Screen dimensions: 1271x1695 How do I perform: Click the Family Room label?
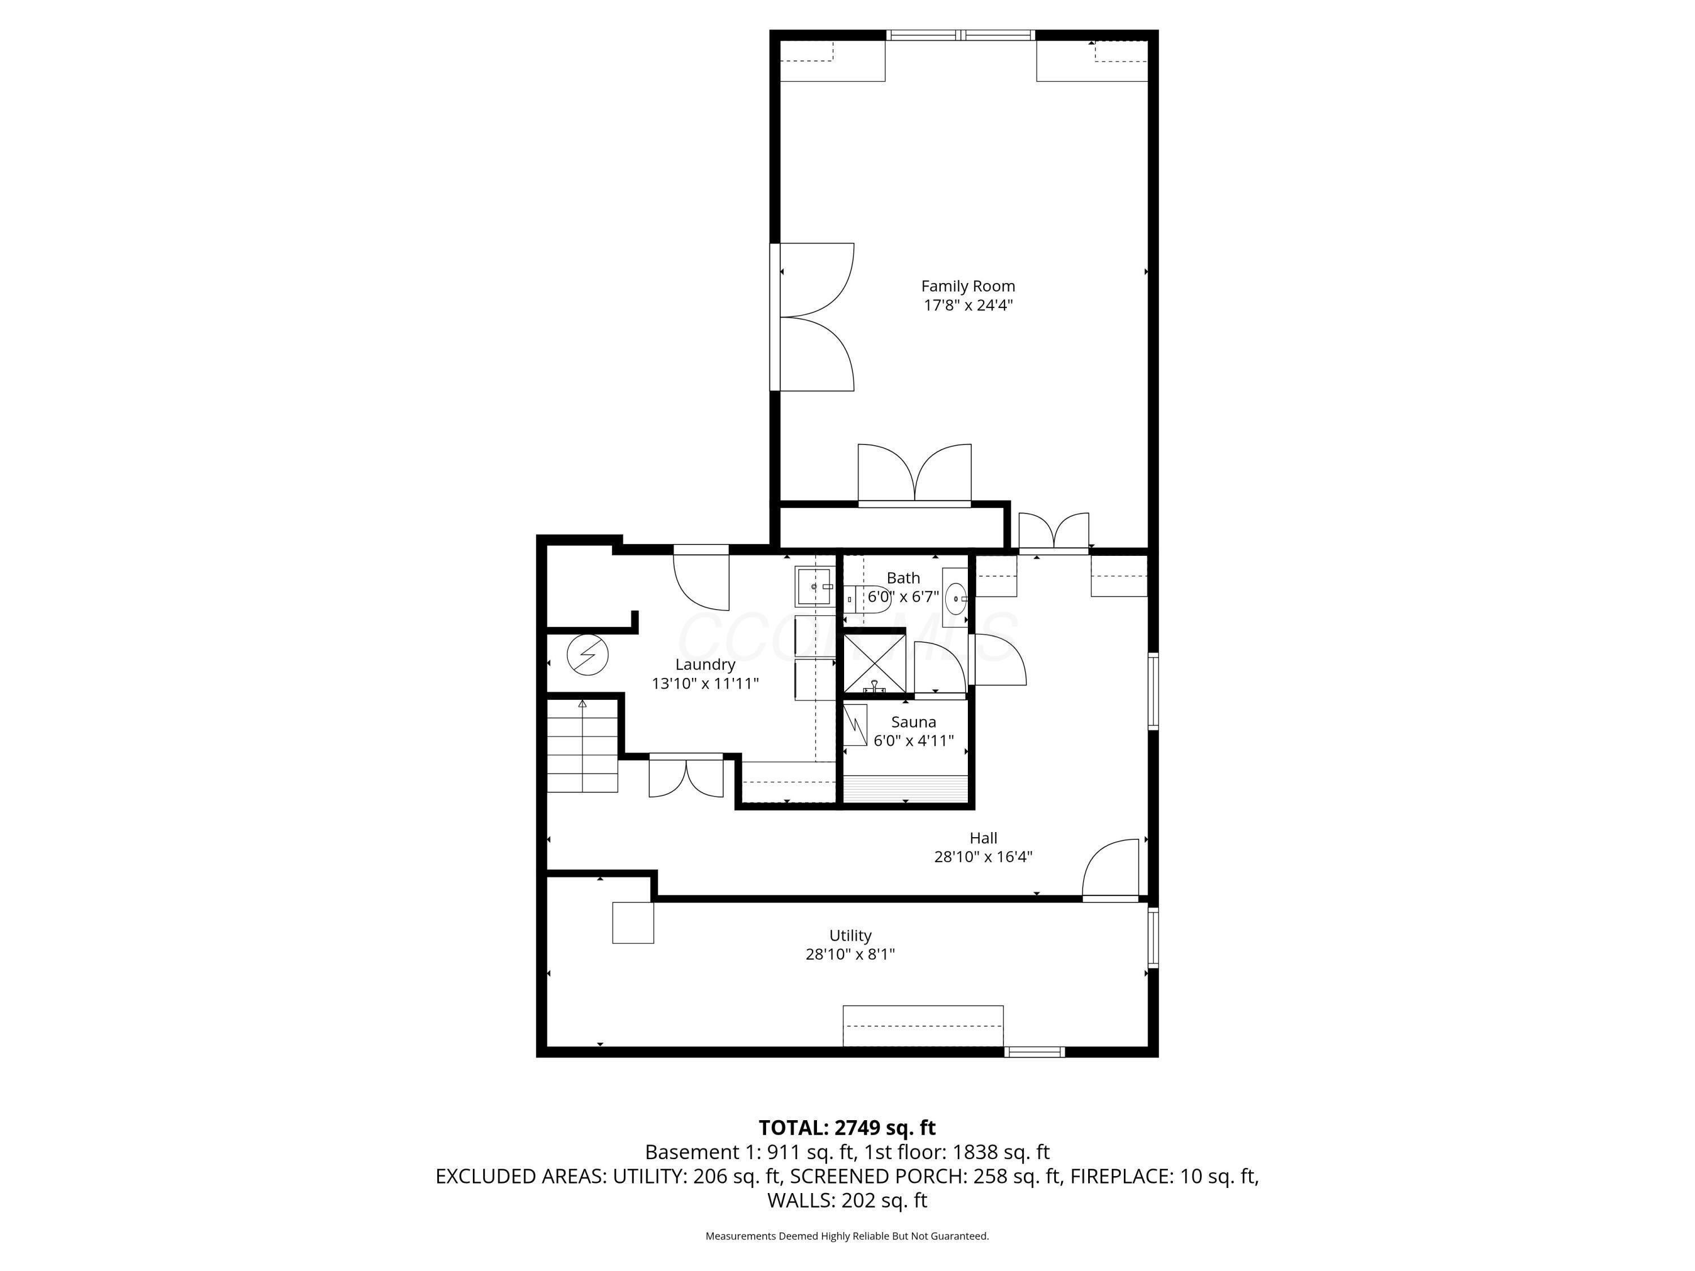968,286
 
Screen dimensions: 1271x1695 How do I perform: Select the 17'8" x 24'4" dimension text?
968,305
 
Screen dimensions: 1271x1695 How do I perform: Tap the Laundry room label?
705,664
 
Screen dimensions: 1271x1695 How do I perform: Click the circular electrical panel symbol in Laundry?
588,656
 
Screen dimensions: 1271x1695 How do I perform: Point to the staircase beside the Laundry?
583,747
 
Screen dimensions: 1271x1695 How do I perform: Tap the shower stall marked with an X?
874,661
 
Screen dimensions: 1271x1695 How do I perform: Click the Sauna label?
914,722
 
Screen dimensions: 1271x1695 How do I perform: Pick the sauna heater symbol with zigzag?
855,724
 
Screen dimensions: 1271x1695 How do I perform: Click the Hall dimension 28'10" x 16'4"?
983,856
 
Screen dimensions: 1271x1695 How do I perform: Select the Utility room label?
850,935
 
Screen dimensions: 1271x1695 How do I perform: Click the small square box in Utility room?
633,922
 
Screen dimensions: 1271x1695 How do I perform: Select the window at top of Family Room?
961,35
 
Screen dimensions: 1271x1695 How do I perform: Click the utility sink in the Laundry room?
814,586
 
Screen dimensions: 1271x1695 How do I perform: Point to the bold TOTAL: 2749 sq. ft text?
847,1128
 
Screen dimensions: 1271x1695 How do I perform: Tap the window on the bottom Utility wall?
1035,1052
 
